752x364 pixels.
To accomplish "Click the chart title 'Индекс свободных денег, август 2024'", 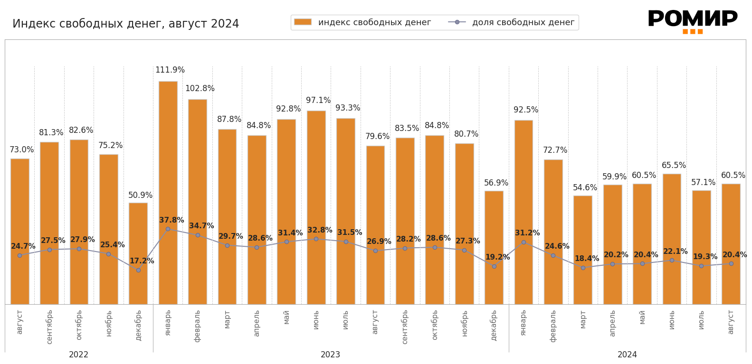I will (x=125, y=24).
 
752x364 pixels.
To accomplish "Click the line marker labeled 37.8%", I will (x=168, y=229).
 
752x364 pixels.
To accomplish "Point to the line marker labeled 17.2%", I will (x=138, y=270).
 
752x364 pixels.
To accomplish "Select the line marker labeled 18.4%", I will (x=583, y=268).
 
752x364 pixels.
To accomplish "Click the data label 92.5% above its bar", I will (x=526, y=110).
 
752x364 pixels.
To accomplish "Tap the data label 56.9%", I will (x=496, y=183).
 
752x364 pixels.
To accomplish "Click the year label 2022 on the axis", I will (x=79, y=355).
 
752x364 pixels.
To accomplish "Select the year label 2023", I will (x=331, y=355).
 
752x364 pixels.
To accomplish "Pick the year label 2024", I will (x=627, y=355).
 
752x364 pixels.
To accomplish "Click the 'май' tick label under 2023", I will (x=286, y=317).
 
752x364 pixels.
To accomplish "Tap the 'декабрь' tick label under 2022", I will (x=138, y=325).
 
